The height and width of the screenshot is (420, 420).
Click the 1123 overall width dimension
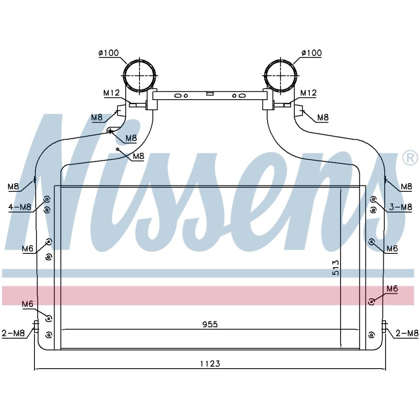click(210, 364)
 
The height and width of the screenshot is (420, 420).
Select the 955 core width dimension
click(210, 325)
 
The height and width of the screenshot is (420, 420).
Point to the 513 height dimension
click(336, 268)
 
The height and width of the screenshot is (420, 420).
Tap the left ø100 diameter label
click(108, 53)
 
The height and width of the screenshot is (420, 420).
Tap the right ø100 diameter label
click(312, 53)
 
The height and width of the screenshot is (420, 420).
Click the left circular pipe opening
click(139, 75)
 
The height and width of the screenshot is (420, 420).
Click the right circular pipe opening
click(281, 75)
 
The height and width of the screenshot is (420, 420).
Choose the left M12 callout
click(112, 93)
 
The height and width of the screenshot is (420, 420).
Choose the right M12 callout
click(308, 93)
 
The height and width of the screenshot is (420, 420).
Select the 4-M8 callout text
click(20, 207)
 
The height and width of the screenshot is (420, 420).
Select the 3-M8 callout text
click(400, 207)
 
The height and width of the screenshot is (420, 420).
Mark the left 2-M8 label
click(13, 333)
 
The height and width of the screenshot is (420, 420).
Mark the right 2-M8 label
click(407, 333)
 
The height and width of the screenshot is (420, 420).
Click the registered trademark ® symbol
click(410, 158)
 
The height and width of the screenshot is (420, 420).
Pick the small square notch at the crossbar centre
click(210, 93)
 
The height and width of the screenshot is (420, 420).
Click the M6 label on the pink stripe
click(392, 289)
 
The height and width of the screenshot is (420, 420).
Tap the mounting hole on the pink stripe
click(371, 302)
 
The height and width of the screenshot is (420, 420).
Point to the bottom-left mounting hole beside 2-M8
click(49, 335)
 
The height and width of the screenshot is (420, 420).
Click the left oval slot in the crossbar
click(178, 95)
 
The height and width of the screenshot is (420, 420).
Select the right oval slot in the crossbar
click(242, 95)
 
